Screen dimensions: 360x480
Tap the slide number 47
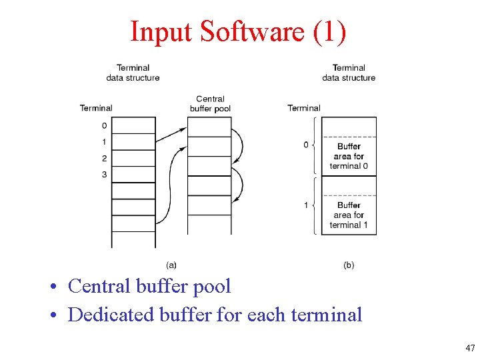(x=471, y=348)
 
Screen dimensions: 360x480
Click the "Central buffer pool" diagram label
(x=210, y=103)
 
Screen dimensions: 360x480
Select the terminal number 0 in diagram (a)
(x=104, y=125)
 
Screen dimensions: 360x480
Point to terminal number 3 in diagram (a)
(x=104, y=175)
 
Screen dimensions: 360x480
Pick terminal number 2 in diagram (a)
(x=104, y=158)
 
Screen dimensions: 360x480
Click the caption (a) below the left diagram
(x=171, y=265)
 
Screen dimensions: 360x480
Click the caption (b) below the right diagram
(x=349, y=265)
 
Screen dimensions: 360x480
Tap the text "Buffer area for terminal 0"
(x=349, y=156)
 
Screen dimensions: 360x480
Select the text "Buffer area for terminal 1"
(x=349, y=215)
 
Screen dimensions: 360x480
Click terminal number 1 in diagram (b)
(x=306, y=205)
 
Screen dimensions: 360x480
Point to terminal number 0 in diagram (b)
(x=306, y=145)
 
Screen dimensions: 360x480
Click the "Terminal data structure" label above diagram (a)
(x=133, y=73)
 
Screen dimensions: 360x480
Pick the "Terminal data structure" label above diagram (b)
(x=349, y=73)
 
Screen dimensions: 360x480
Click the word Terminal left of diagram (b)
(x=304, y=108)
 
